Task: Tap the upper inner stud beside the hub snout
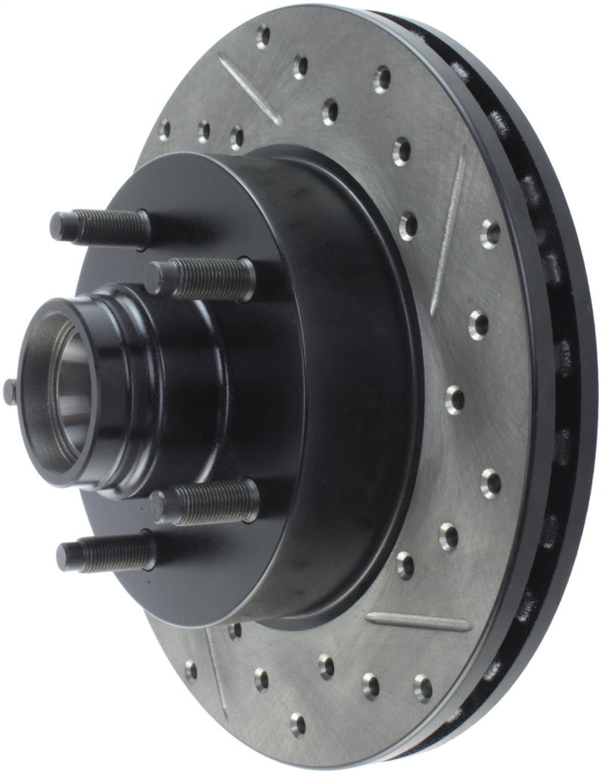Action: point(200,278)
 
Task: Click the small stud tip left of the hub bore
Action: point(10,391)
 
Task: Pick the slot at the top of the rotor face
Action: point(250,88)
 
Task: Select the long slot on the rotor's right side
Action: point(448,230)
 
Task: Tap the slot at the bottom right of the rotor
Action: point(417,622)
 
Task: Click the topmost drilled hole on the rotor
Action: point(262,35)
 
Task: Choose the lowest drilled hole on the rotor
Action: point(298,724)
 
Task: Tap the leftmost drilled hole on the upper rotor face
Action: point(164,129)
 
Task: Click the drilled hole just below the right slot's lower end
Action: point(478,324)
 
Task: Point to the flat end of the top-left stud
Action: point(57,225)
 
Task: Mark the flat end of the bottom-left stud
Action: point(64,558)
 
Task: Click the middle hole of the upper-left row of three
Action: point(203,132)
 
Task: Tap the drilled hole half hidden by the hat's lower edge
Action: point(235,629)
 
